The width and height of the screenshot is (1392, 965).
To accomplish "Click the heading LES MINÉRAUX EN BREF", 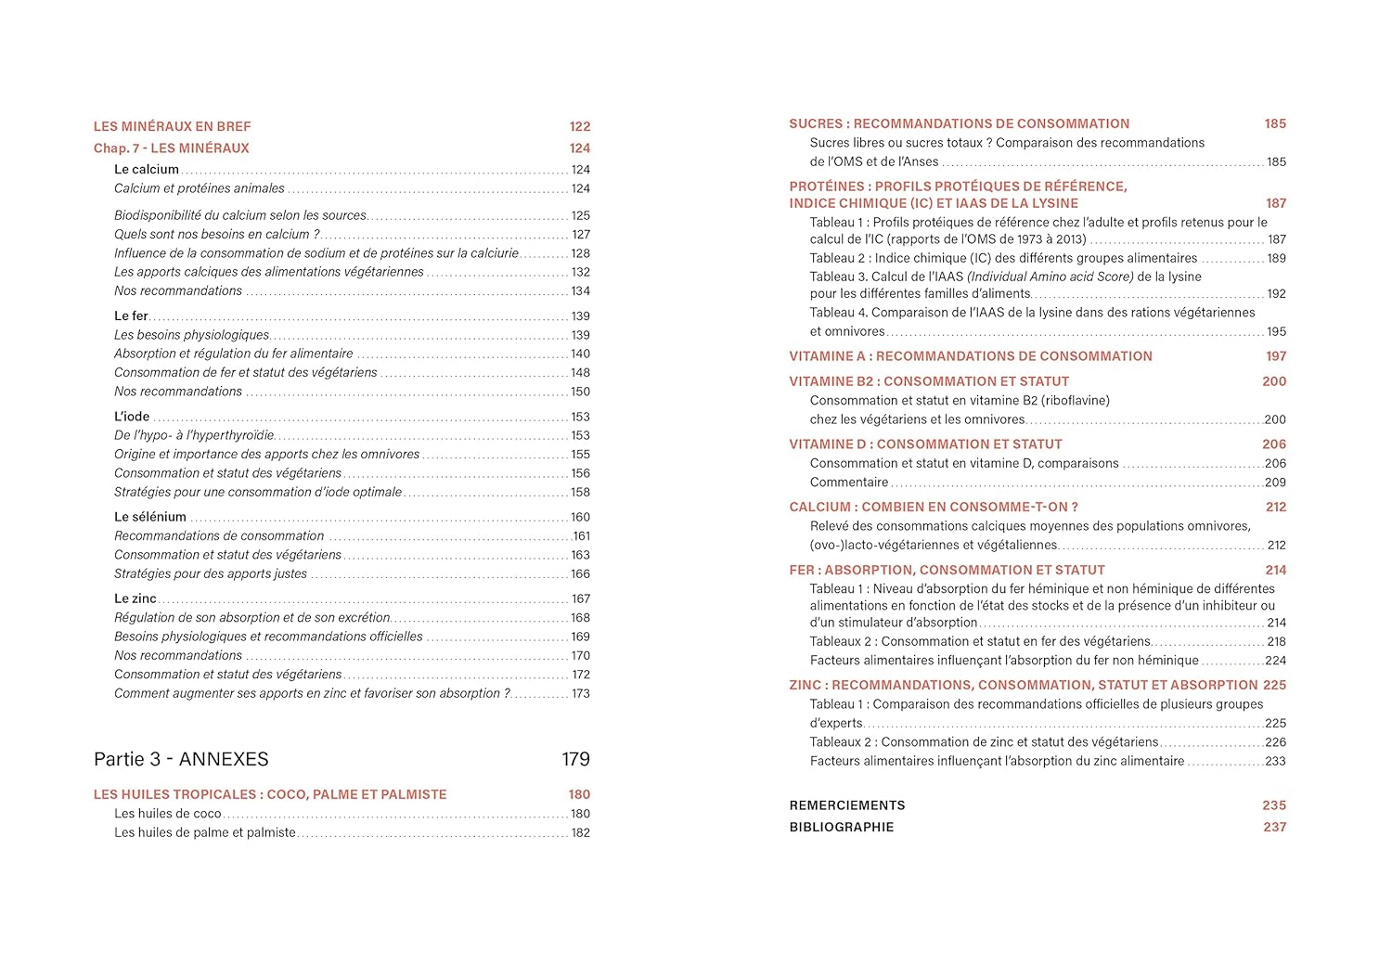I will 172,126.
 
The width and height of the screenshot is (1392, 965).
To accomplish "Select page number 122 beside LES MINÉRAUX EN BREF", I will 579,126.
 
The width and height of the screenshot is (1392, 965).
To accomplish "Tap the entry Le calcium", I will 147,170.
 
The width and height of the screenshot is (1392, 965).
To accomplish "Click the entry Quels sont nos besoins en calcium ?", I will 216,235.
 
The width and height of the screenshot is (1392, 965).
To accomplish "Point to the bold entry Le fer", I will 131,316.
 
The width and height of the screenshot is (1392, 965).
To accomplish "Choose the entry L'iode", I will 132,417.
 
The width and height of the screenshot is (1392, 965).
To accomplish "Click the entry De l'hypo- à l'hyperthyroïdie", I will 194,435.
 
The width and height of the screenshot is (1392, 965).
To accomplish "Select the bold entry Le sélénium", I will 150,517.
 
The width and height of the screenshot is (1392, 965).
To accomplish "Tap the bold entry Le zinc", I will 135,598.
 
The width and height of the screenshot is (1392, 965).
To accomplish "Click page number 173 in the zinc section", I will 581,693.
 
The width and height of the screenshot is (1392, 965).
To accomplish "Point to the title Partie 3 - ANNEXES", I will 181,759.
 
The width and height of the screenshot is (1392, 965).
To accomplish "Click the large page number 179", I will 575,759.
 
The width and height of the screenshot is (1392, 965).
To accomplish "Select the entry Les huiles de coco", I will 168,814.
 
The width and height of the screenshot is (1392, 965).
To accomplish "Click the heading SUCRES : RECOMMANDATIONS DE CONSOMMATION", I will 960,123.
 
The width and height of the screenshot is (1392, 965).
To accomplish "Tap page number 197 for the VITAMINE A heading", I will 1276,356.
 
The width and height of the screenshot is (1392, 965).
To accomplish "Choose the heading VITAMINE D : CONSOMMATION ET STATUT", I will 925,444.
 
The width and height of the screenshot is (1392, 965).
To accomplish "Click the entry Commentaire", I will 849,482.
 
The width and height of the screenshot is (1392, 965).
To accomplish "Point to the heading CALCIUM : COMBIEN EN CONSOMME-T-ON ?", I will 934,508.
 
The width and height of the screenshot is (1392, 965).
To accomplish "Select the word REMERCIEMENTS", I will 847,805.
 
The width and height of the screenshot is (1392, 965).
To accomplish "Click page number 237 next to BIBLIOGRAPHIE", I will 1274,827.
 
